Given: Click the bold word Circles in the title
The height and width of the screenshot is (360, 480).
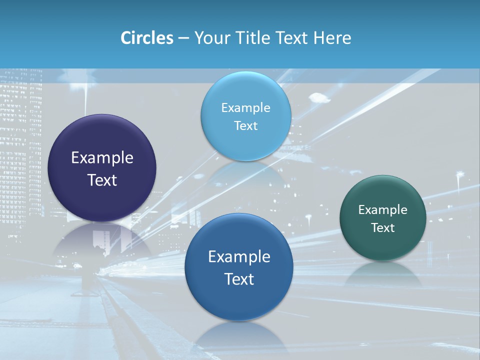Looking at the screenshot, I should [x=146, y=38].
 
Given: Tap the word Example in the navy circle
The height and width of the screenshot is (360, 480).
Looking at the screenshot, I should [x=102, y=158].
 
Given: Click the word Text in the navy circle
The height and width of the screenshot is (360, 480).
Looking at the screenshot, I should [x=102, y=180].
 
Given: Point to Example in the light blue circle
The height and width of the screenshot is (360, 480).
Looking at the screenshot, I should [x=245, y=108].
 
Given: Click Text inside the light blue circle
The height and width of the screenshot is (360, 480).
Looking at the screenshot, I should [x=245, y=126].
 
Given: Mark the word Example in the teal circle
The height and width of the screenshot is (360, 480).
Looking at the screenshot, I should [x=383, y=210].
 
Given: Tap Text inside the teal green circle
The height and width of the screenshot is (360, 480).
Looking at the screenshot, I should [x=383, y=228].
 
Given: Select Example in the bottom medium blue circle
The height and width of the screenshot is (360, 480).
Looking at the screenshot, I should [x=239, y=257].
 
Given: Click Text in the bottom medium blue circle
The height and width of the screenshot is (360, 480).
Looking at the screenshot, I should [x=239, y=279].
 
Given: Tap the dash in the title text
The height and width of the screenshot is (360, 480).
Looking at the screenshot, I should [x=183, y=38].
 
